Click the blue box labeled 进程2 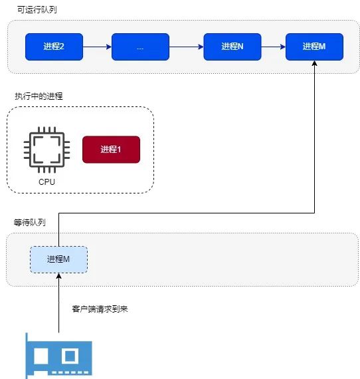[x=54, y=47]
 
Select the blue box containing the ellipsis [x=140, y=47]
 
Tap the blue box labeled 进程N [x=232, y=47]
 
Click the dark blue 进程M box [x=314, y=47]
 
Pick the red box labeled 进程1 [x=112, y=150]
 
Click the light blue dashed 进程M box [x=58, y=259]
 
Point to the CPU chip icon [x=47, y=150]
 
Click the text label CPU [x=47, y=182]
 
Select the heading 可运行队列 [x=37, y=10]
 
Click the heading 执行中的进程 [x=39, y=96]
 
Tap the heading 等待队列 [x=29, y=222]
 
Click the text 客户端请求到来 [x=100, y=309]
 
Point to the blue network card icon [x=58, y=356]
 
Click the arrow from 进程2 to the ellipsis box [x=97, y=47]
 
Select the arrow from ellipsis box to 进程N [x=187, y=47]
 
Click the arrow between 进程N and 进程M [x=274, y=47]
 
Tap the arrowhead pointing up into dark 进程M [x=314, y=63]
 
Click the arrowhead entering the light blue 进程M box [x=58, y=276]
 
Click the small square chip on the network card [x=70, y=356]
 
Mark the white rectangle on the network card [x=41, y=356]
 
